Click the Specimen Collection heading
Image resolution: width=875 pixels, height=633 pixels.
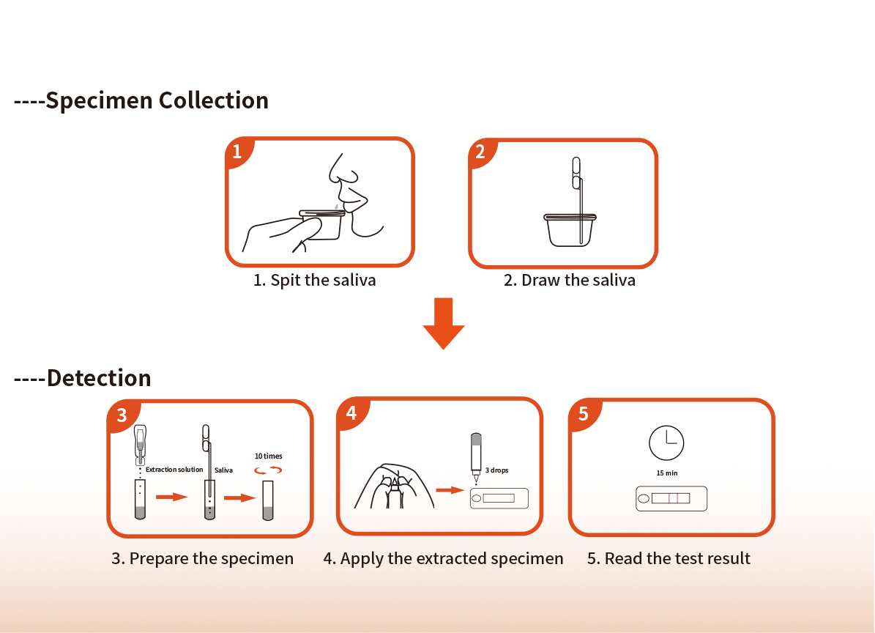[141, 100]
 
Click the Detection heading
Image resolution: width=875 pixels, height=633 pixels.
[83, 378]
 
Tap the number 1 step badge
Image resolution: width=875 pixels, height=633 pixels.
[238, 151]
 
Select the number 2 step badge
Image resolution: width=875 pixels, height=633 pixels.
[481, 151]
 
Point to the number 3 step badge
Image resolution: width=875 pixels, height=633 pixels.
[122, 415]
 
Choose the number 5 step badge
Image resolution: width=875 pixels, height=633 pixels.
[584, 414]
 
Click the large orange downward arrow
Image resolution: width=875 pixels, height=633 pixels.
[444, 324]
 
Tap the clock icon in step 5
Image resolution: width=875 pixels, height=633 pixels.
[666, 443]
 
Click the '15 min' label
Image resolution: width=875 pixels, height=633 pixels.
[667, 473]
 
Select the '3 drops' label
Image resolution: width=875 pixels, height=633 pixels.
[496, 470]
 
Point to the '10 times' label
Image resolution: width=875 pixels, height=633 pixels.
[269, 456]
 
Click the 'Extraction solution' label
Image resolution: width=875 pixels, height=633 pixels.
[174, 470]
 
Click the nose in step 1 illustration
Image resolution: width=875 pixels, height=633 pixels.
[341, 170]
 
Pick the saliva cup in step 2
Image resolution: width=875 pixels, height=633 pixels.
[570, 230]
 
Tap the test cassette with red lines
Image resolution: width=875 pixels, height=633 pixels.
[671, 498]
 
